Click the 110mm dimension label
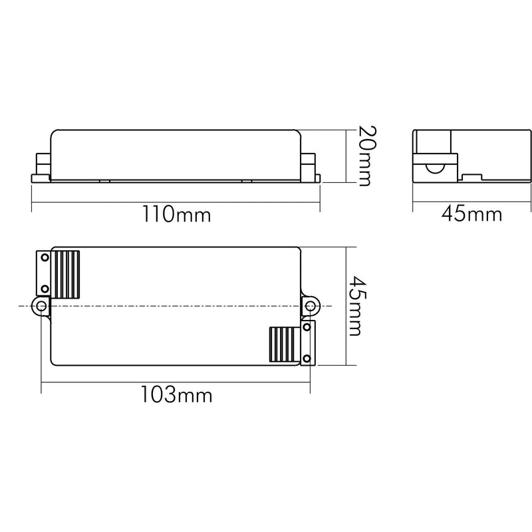(176, 215)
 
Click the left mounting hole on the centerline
(42, 306)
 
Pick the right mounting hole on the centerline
(310, 306)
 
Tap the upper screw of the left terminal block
(43, 257)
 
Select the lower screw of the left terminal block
(43, 288)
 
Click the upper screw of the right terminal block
(307, 327)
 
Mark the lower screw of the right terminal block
(307, 359)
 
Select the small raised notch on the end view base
(471, 178)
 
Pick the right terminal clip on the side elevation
(310, 164)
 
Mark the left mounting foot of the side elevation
(39, 178)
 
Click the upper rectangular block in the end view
(434, 142)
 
